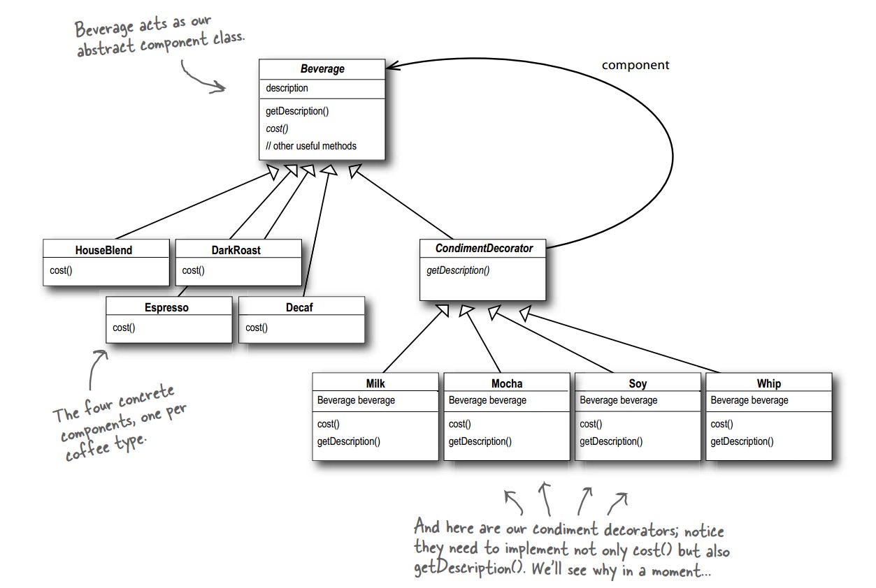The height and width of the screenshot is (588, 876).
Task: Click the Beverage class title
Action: [x=322, y=69]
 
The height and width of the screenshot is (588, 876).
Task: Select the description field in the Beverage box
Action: [x=287, y=88]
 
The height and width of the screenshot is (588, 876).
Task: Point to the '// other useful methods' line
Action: [x=311, y=146]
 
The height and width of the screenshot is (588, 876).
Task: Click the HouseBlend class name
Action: [x=103, y=250]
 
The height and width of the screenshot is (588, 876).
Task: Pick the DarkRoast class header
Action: [x=236, y=250]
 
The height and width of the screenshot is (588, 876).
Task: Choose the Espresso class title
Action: [x=167, y=307]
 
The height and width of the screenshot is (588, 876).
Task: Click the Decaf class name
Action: [x=300, y=307]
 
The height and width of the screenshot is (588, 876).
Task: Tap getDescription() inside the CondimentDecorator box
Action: [x=458, y=270]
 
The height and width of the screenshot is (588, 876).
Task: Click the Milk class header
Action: [x=375, y=383]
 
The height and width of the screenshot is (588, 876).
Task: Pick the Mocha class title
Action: [x=507, y=383]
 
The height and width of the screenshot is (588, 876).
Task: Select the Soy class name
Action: [x=638, y=383]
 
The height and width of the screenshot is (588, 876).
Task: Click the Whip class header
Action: [x=769, y=383]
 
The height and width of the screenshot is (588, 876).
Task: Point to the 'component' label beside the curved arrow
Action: [x=636, y=65]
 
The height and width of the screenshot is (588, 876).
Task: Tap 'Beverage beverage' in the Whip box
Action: [x=749, y=400]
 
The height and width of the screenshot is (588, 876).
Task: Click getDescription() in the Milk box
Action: [x=349, y=441]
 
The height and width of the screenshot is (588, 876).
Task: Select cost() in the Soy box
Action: [x=591, y=424]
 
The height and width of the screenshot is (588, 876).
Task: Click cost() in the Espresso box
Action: [x=124, y=328]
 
